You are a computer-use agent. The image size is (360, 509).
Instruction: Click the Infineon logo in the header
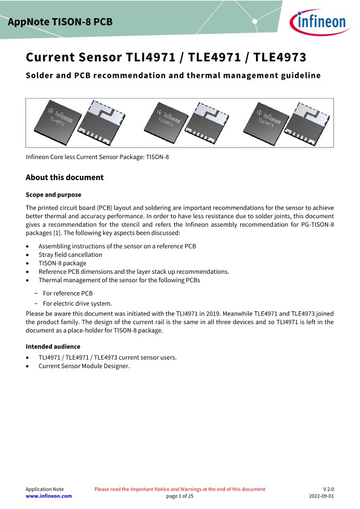click(x=319, y=22)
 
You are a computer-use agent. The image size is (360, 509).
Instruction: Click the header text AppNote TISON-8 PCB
click(x=60, y=22)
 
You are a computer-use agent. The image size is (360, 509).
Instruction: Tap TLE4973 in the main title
click(x=280, y=57)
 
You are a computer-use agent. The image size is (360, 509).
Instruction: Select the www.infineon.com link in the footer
click(x=49, y=496)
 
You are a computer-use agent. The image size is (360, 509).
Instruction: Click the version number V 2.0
click(x=329, y=489)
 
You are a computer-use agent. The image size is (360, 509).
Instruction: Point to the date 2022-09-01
click(x=321, y=496)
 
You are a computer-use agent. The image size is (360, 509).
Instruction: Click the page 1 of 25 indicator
click(x=180, y=496)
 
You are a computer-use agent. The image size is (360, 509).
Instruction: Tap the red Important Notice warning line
click(x=180, y=489)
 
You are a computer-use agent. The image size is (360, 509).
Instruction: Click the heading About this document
click(x=65, y=177)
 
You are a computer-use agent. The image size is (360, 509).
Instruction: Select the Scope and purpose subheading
click(x=53, y=195)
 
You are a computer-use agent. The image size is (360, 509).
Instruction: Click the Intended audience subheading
click(x=53, y=346)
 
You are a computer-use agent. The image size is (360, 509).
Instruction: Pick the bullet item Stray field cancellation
click(x=70, y=254)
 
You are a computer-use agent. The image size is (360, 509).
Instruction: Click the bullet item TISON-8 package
click(x=62, y=263)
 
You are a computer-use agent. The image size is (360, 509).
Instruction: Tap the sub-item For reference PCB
click(x=68, y=293)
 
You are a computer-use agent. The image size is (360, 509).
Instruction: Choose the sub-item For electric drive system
click(x=77, y=303)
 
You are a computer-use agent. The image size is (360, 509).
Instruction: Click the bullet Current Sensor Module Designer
click(x=84, y=366)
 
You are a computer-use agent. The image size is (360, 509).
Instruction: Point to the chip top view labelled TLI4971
click(x=58, y=122)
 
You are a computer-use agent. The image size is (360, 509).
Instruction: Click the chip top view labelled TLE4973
click(x=266, y=123)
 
